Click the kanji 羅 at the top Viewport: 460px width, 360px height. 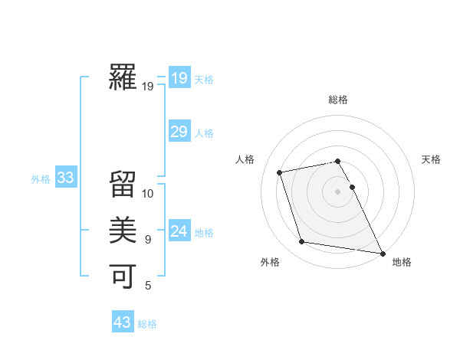[x=123, y=77]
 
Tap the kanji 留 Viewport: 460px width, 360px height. [x=123, y=185]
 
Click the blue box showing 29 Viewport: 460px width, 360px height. [x=179, y=132]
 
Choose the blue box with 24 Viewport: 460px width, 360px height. [x=179, y=231]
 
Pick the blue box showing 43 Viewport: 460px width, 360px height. [x=123, y=322]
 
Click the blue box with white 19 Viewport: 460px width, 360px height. [x=179, y=77]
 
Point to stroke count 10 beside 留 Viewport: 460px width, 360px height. [x=148, y=194]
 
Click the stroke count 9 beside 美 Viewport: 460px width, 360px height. [x=148, y=240]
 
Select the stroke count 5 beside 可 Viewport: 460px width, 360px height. [x=148, y=286]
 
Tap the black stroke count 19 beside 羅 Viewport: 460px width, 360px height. [x=147, y=87]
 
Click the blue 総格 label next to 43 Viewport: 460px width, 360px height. [x=147, y=324]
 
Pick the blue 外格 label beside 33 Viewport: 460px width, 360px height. [x=41, y=179]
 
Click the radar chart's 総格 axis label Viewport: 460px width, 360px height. [x=337, y=100]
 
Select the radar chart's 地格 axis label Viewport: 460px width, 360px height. [x=402, y=262]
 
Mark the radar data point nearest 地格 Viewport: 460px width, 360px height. [x=382, y=253]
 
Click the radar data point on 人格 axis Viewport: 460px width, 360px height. [x=280, y=172]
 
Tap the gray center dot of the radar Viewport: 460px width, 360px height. [x=337, y=191]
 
